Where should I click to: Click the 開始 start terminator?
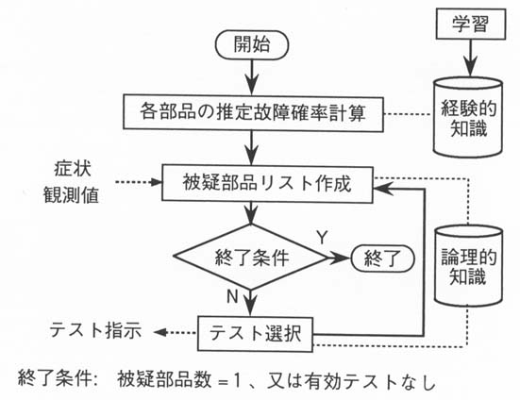click(x=252, y=44)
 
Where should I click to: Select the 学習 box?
click(x=471, y=24)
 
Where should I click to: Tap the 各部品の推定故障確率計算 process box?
click(x=253, y=112)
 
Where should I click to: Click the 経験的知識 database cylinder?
click(x=468, y=117)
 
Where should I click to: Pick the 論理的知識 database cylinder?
click(x=468, y=266)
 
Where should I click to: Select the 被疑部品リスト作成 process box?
click(x=267, y=184)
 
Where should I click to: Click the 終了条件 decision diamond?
click(x=251, y=258)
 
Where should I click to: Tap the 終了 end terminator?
click(x=382, y=258)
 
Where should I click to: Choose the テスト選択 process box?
click(x=255, y=334)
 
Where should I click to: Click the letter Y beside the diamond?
click(x=322, y=238)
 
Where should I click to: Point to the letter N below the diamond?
click(x=232, y=296)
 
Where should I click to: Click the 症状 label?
click(x=73, y=168)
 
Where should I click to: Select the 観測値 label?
click(x=71, y=194)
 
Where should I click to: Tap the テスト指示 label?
click(x=95, y=330)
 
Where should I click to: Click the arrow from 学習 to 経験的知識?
click(x=470, y=58)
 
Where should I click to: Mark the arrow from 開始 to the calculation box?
click(x=252, y=77)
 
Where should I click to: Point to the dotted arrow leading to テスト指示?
click(x=176, y=332)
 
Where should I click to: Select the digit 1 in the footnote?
click(x=237, y=381)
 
